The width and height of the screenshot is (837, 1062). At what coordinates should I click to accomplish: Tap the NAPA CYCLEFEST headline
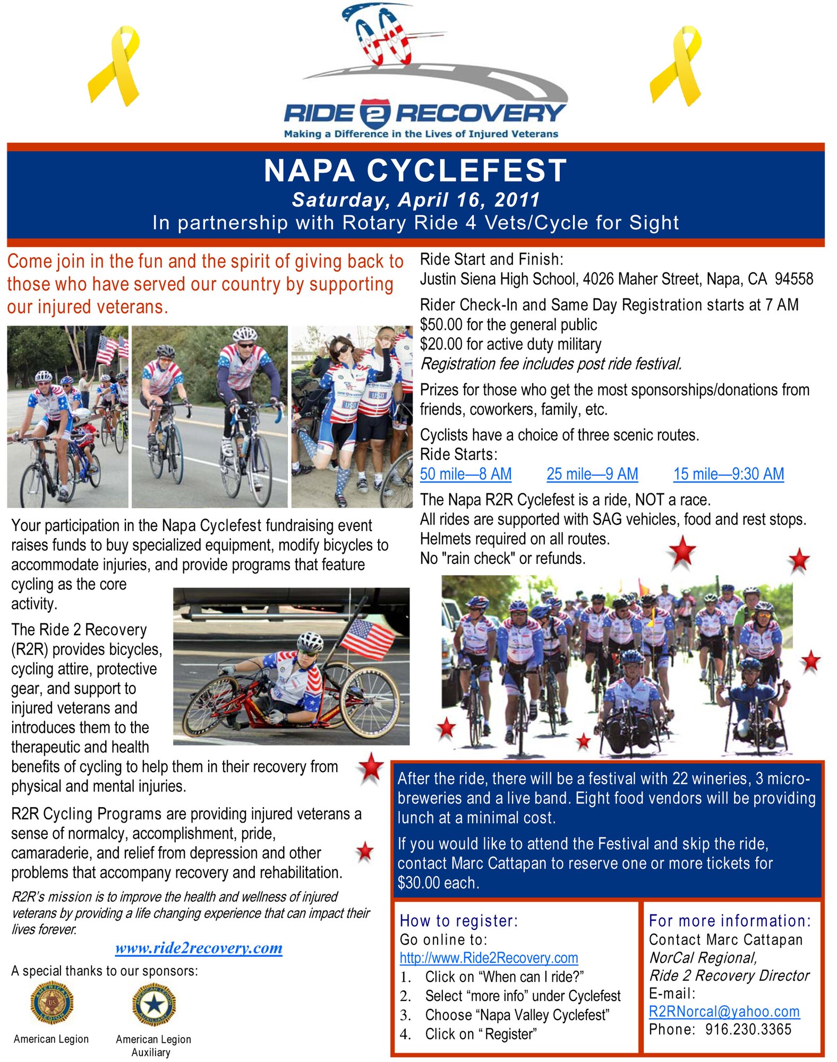coord(415,171)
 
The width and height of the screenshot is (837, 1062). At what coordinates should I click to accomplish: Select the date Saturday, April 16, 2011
coord(416,200)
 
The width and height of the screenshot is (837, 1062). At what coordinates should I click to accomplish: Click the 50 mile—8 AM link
coord(465,474)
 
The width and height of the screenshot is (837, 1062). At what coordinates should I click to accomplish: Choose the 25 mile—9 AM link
coord(592,474)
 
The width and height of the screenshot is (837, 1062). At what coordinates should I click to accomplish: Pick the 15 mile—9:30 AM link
coord(728,474)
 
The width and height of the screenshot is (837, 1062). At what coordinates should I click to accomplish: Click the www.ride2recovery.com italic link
coord(199,948)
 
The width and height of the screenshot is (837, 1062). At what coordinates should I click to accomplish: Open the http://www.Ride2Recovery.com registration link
coord(489,958)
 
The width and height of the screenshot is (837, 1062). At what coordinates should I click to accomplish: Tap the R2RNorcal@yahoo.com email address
coord(724,1012)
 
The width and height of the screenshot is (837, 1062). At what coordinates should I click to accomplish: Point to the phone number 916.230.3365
coord(748,1030)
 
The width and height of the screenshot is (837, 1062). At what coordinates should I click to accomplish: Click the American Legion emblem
coord(52,1003)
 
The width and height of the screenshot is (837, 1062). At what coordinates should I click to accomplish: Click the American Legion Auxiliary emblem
coord(153,1004)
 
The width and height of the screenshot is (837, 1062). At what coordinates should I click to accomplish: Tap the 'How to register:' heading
coord(458,921)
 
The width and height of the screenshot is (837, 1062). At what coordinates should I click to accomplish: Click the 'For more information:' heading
coord(730,921)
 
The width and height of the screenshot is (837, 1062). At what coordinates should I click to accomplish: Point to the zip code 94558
coord(793,279)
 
